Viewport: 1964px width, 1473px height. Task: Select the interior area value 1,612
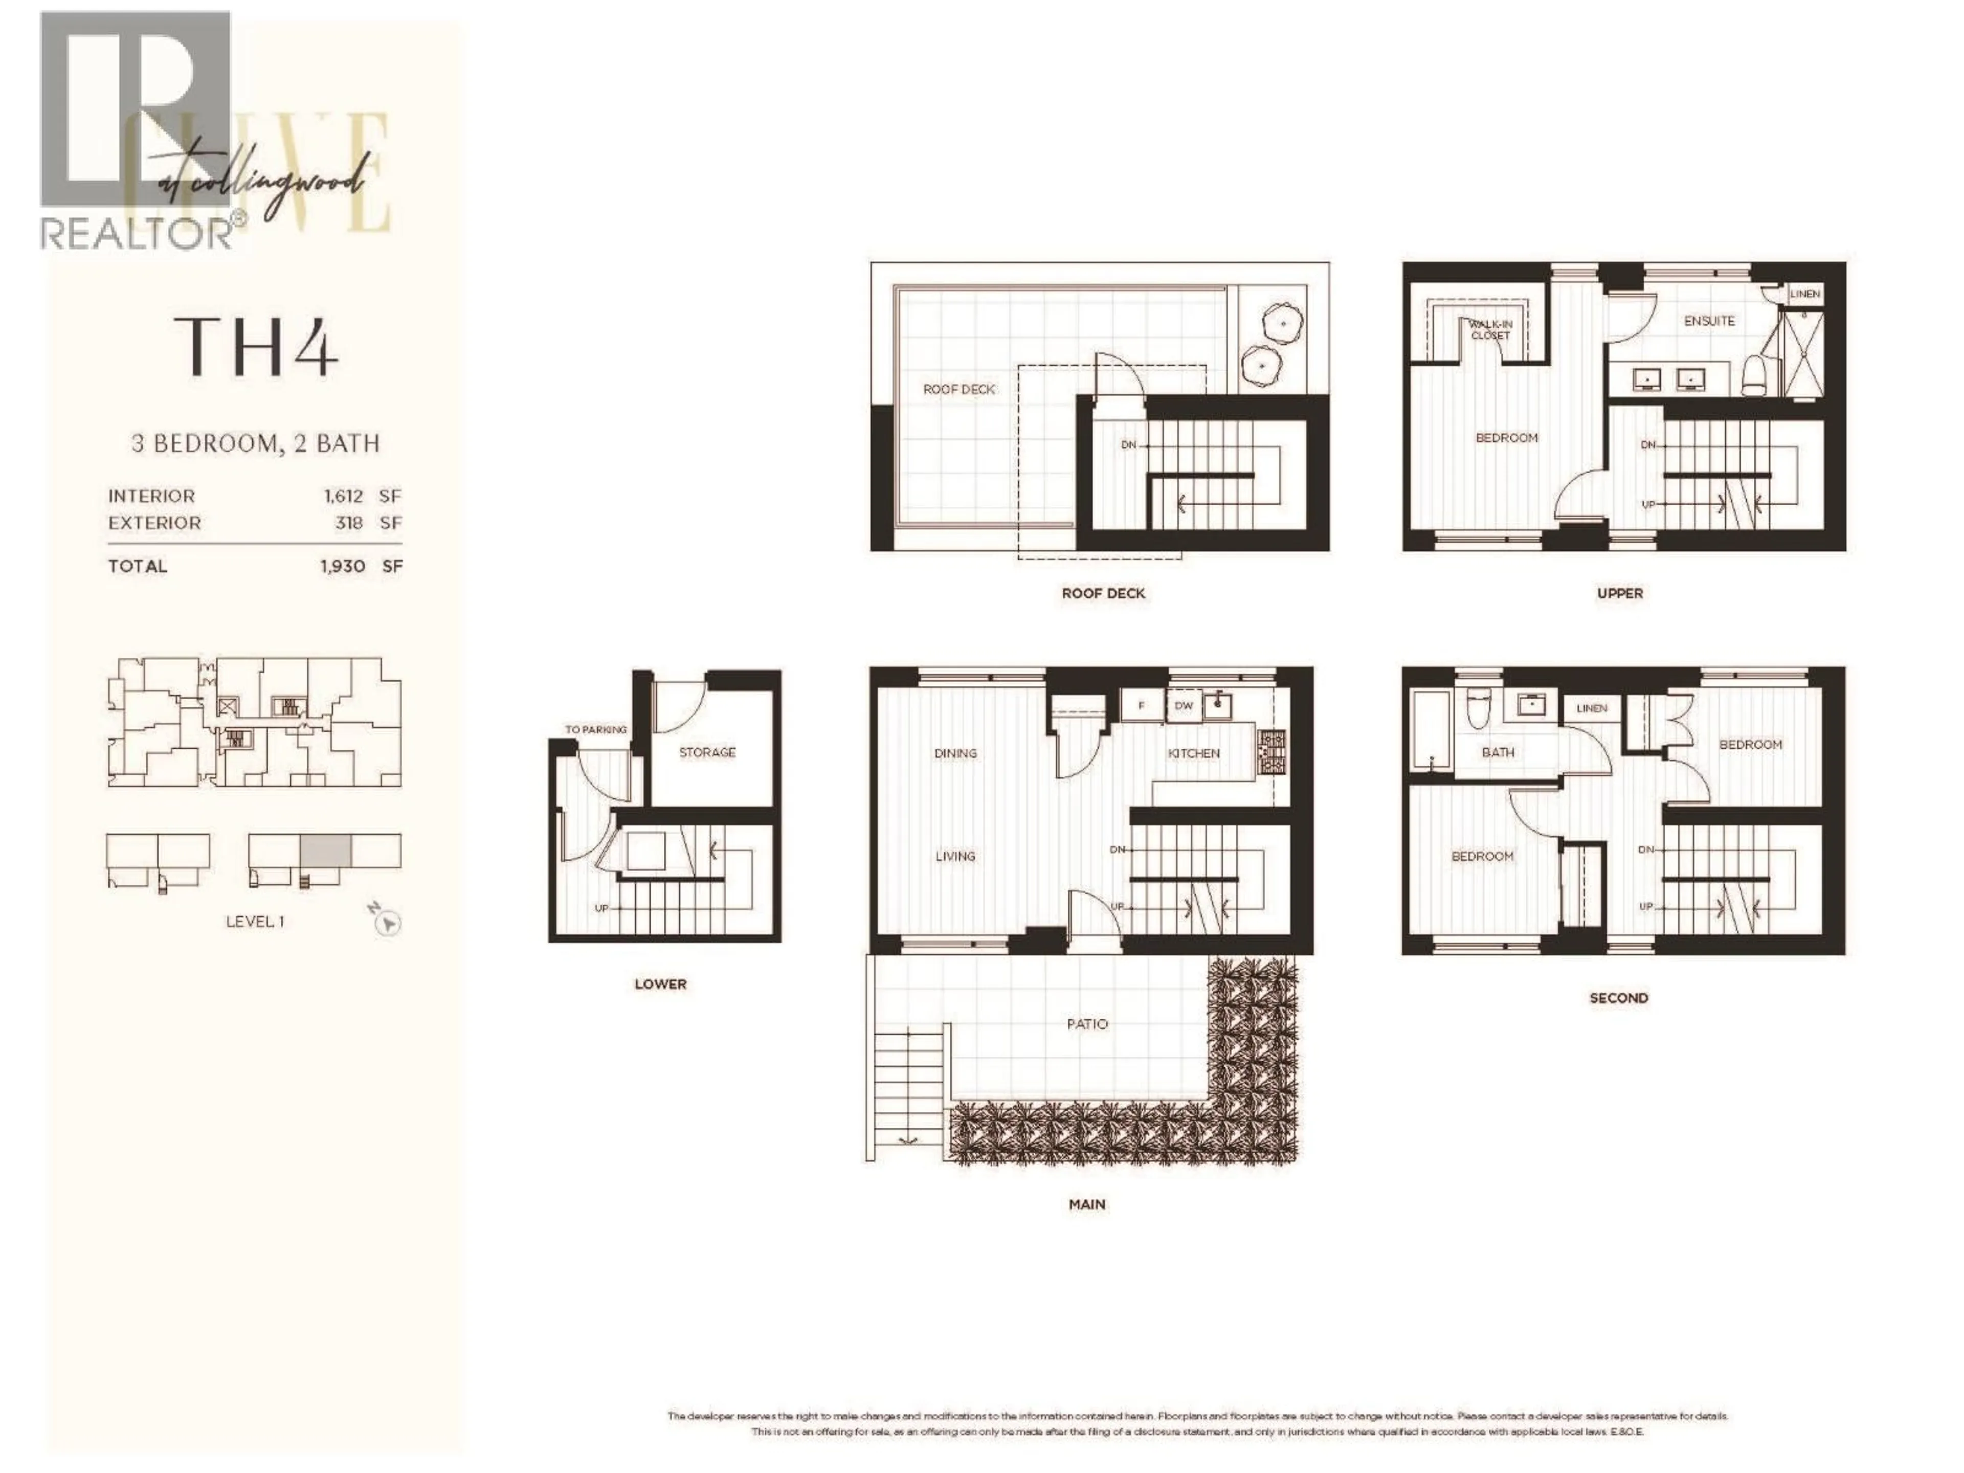pyautogui.click(x=343, y=496)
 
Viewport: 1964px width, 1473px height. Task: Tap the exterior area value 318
pyautogui.click(x=348, y=523)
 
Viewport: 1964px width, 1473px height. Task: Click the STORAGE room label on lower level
pyautogui.click(x=707, y=752)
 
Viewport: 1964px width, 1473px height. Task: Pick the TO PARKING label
pyautogui.click(x=596, y=730)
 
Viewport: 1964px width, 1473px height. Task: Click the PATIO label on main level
pyautogui.click(x=1087, y=1024)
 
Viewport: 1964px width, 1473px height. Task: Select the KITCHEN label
pyautogui.click(x=1193, y=753)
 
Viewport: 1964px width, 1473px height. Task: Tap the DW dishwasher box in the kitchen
pyautogui.click(x=1184, y=706)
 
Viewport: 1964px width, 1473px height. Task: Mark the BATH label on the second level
pyautogui.click(x=1498, y=752)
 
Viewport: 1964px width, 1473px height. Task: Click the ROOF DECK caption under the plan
pyautogui.click(x=1104, y=593)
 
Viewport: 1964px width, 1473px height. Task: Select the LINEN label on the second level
pyautogui.click(x=1592, y=708)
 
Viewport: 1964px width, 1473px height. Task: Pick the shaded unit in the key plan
pyautogui.click(x=325, y=851)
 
